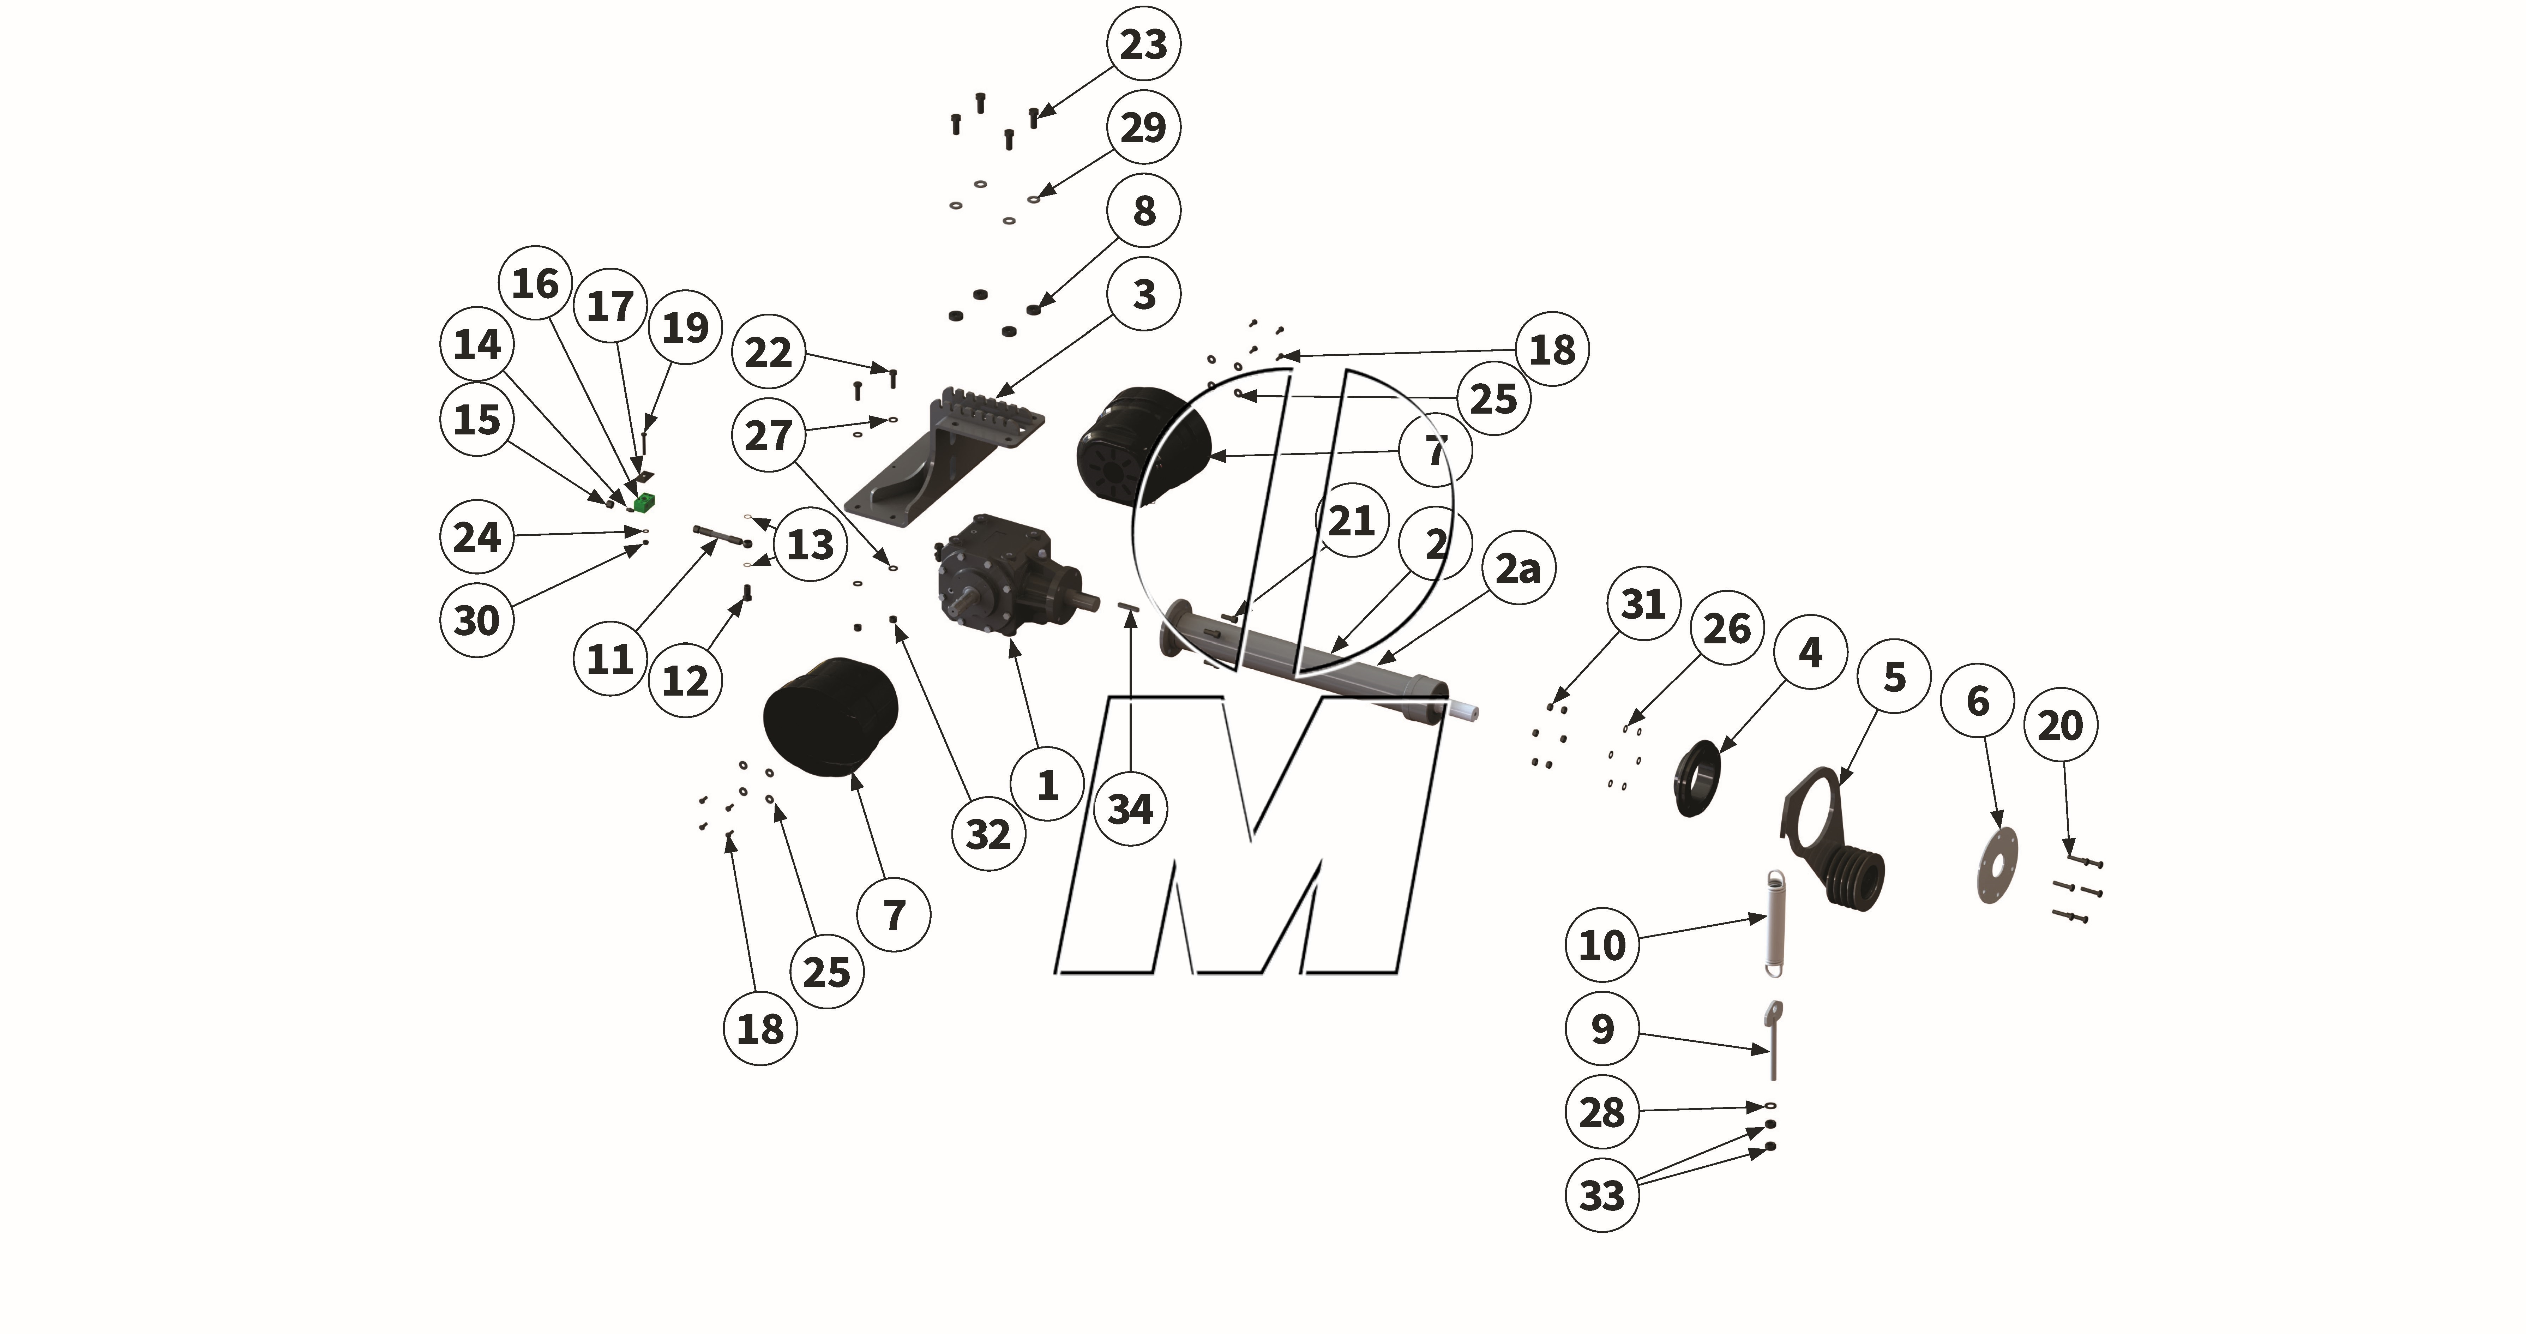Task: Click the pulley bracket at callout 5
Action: (x=1834, y=843)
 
